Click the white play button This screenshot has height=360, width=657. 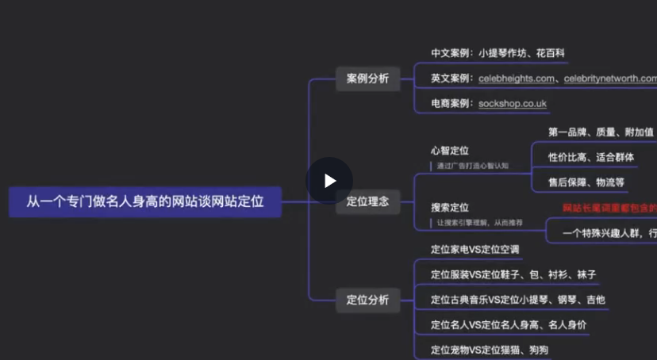[329, 180]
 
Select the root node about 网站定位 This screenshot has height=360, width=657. [145, 202]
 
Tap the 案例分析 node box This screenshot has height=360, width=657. [367, 79]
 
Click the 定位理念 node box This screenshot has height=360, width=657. [367, 201]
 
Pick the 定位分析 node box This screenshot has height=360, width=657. [367, 300]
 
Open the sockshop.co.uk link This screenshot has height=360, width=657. [512, 103]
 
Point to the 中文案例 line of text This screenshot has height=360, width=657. [498, 53]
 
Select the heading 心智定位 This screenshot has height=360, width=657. [449, 150]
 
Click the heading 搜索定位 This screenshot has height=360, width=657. [449, 207]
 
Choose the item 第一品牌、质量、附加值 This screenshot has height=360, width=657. [601, 132]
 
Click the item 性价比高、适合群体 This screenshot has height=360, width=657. [591, 157]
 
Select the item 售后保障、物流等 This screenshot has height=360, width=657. [586, 182]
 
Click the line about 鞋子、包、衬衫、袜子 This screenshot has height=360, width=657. [513, 274]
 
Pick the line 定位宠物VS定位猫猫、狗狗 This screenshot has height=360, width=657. [490, 350]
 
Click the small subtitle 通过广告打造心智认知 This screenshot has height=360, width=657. [473, 166]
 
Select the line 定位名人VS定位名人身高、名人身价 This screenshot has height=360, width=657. [509, 324]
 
